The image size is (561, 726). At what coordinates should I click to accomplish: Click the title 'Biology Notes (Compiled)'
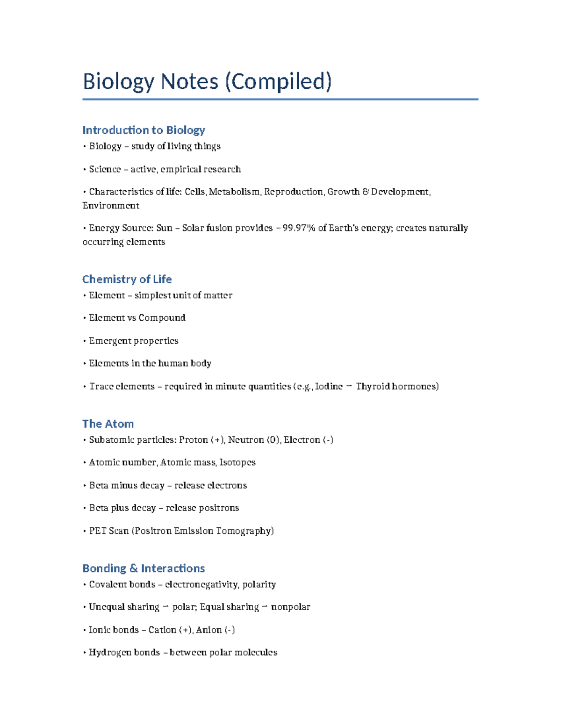coord(207,81)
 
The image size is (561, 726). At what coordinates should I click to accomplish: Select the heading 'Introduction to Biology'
coord(144,130)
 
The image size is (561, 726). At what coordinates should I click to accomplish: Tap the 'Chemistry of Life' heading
coord(127,279)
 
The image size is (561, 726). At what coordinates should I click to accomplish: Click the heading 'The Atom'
coord(108,424)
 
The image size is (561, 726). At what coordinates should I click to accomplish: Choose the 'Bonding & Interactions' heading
coord(144,568)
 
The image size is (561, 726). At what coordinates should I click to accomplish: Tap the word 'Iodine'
coord(329,386)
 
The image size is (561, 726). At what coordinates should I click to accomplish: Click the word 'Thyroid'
coord(373,386)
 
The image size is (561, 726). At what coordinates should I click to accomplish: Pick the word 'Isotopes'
coord(237,462)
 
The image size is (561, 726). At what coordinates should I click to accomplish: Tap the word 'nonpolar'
coord(290,607)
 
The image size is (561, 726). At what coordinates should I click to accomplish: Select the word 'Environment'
coord(111,206)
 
